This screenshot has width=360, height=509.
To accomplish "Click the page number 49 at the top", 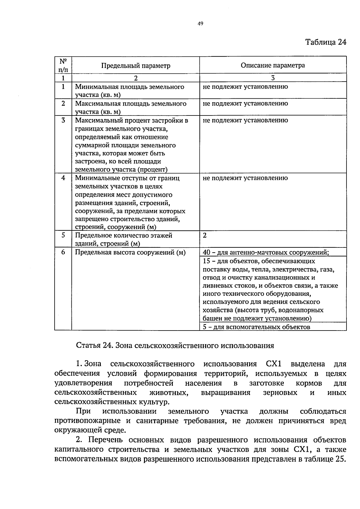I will coord(201,24).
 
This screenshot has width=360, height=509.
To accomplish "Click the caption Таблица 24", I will coord(325,42).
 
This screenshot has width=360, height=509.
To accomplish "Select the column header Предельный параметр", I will coord(136,65).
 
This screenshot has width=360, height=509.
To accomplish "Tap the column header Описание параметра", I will coord(273,65).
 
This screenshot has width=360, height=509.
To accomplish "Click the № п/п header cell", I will coord(63,65).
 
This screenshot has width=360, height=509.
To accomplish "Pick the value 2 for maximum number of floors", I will coord(205,235).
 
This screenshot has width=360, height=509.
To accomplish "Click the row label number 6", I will coord(63,252).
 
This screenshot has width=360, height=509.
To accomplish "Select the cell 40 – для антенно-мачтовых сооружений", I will coord(265,253).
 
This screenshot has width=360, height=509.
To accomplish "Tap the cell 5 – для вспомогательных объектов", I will coord(256,327).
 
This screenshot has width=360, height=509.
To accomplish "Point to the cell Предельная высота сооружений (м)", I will coord(130,253).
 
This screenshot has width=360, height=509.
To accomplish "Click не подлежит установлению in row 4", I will coord(245,178).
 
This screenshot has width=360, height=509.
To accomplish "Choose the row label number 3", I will coord(63,121).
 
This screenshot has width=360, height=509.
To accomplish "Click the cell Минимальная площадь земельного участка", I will coord(129,91).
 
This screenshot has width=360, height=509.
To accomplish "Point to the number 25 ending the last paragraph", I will coord(340,459).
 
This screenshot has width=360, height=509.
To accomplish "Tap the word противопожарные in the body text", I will coord(88,421).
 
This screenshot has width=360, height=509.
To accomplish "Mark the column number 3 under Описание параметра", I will coord(273,78).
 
